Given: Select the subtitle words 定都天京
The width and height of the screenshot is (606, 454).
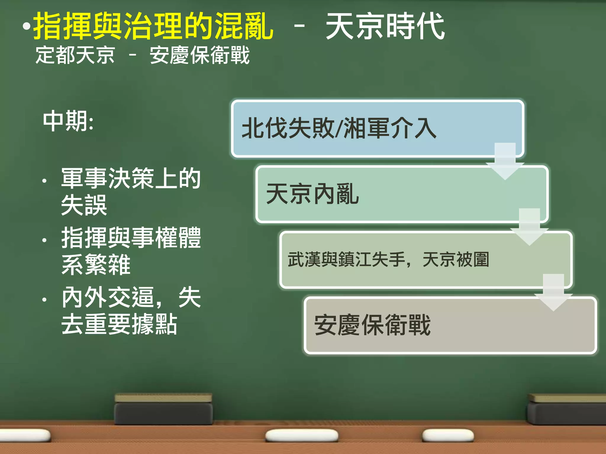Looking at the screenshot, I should [75, 55].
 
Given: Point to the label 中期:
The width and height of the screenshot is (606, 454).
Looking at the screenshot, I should [68, 121].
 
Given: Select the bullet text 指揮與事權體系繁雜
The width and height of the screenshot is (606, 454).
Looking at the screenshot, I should [130, 251].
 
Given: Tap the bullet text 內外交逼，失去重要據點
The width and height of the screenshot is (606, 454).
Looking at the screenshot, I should [130, 310].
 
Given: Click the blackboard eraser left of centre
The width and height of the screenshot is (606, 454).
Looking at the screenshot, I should [163, 409].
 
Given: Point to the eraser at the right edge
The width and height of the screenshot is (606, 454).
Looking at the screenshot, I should [567, 409].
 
